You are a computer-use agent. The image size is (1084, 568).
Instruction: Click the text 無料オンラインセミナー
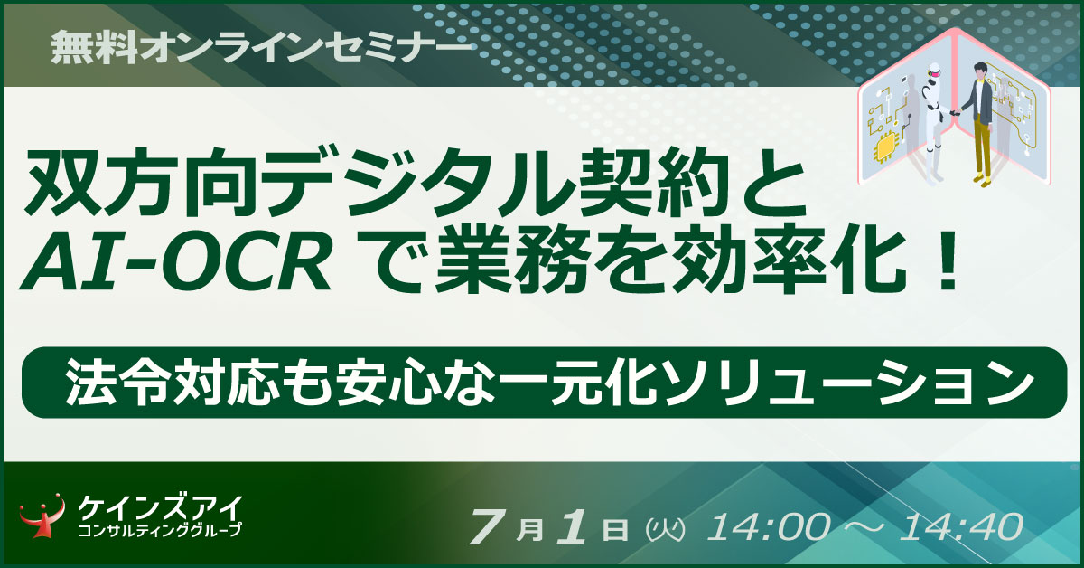click(261, 48)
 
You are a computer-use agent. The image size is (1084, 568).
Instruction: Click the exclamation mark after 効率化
click(943, 265)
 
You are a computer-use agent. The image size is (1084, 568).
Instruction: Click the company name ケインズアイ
click(160, 508)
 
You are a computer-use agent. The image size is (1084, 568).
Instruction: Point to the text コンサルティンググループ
click(160, 531)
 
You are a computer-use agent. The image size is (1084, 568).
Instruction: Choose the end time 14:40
click(961, 526)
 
